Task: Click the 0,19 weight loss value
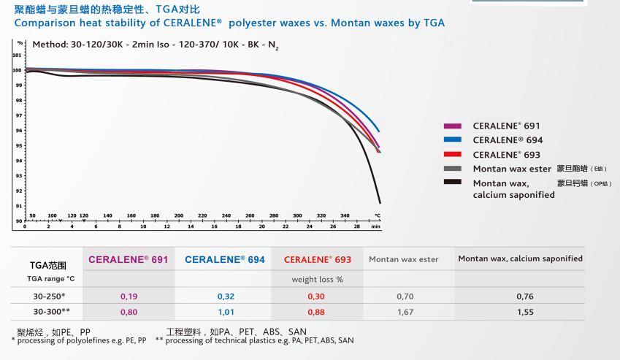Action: click(x=129, y=296)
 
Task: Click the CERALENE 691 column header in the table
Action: click(x=129, y=259)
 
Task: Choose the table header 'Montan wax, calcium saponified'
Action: click(x=520, y=258)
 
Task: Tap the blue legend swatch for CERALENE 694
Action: click(x=453, y=140)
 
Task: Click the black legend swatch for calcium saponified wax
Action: click(x=453, y=183)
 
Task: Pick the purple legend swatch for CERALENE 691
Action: click(x=453, y=126)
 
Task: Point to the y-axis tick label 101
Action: click(x=18, y=55)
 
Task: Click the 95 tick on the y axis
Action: click(x=18, y=145)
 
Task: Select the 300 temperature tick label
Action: click(x=297, y=216)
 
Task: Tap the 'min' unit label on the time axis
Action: click(x=375, y=227)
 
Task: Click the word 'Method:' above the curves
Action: click(x=50, y=45)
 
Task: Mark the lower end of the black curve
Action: click(x=380, y=202)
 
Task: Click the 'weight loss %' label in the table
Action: click(x=317, y=279)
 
